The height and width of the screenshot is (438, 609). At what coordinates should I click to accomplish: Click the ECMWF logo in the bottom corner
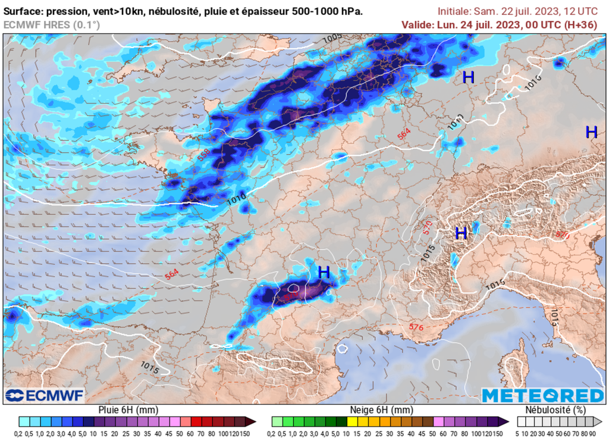45,395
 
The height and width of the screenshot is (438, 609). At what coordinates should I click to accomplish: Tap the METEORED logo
542,396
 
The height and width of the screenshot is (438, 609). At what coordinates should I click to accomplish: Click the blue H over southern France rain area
324,273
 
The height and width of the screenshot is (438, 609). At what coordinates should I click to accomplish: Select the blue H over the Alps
461,233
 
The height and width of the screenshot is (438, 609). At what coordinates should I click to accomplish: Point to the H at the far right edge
591,132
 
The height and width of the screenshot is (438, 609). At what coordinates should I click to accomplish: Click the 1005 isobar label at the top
333,39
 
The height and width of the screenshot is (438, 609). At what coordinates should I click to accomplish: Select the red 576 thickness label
416,327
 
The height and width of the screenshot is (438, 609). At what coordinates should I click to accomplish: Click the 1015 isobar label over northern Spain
150,367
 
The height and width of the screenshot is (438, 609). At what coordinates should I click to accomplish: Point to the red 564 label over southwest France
172,273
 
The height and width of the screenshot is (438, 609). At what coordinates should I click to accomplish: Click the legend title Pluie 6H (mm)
127,410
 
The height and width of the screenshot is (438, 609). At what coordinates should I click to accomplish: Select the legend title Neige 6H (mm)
381,410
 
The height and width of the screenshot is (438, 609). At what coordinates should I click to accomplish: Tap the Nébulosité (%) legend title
555,410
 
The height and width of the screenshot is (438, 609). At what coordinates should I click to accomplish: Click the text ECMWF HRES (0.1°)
52,24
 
